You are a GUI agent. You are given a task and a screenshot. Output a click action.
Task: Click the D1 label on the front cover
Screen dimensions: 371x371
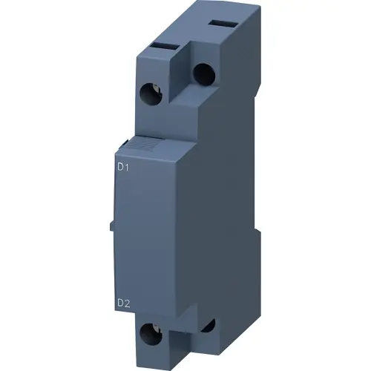[124, 168]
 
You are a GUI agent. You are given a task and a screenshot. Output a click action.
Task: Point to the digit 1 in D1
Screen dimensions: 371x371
[128, 168]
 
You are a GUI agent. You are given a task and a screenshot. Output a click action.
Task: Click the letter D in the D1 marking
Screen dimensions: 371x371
[120, 168]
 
